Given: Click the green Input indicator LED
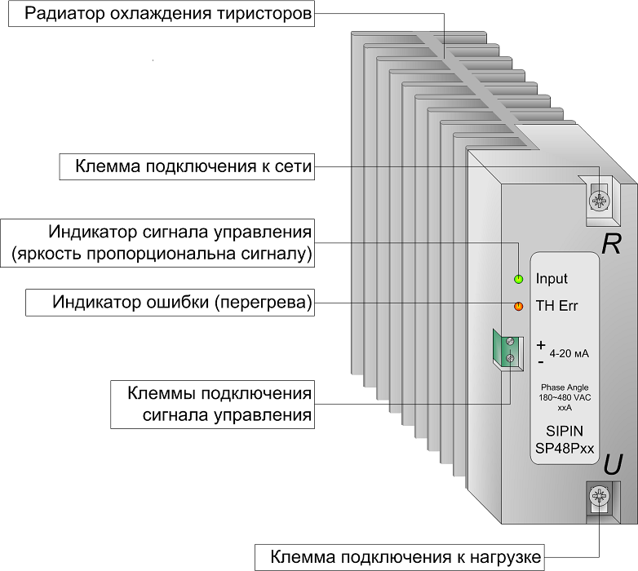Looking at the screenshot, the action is click(518, 279).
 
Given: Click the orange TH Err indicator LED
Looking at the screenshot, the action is click(518, 306).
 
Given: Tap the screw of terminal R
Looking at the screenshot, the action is click(599, 200).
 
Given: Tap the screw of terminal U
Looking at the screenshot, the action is click(599, 496).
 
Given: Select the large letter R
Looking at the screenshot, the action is click(611, 244).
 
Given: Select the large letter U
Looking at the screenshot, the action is click(613, 464).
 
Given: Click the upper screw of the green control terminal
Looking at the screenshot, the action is click(510, 342).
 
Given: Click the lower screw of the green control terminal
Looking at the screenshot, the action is click(510, 358).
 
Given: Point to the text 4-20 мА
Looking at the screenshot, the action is click(569, 353).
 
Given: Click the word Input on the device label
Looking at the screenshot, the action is click(552, 279).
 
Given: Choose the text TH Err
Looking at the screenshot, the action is click(556, 306).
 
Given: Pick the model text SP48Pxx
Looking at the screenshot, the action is click(565, 448).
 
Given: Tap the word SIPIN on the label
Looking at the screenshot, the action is click(565, 431).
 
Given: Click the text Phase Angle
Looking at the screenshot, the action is click(565, 387).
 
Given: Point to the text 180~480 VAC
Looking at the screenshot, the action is click(565, 398).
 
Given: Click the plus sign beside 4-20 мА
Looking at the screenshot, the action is click(541, 345).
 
